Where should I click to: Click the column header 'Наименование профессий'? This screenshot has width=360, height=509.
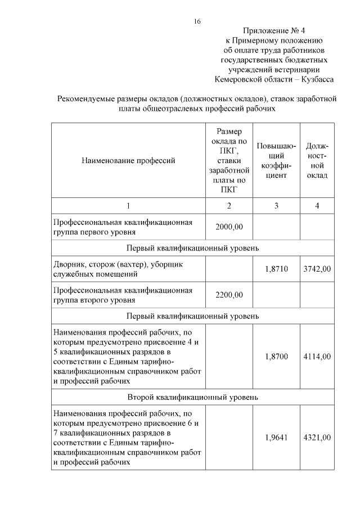tap(128, 160)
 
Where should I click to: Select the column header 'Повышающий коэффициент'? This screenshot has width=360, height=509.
tap(276, 160)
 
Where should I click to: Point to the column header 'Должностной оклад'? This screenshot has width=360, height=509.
tap(317, 160)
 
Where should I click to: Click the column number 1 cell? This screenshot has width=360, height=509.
tap(128, 206)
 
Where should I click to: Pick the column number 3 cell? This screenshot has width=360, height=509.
tap(276, 206)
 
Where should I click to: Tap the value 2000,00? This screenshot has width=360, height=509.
tap(229, 227)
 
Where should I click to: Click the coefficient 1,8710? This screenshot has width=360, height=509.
tap(276, 269)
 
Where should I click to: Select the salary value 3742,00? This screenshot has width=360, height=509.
tap(317, 269)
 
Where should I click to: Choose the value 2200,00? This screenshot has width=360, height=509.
tap(229, 295)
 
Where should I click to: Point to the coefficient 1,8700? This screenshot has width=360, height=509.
tap(276, 356)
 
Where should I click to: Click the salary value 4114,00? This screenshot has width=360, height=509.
tap(317, 356)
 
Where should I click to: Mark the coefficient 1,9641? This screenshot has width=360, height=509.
tap(276, 438)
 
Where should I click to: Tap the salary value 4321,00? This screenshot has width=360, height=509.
tap(317, 438)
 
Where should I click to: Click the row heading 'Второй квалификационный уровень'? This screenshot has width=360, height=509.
tap(192, 397)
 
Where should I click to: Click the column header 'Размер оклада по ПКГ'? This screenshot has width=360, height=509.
tap(229, 160)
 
